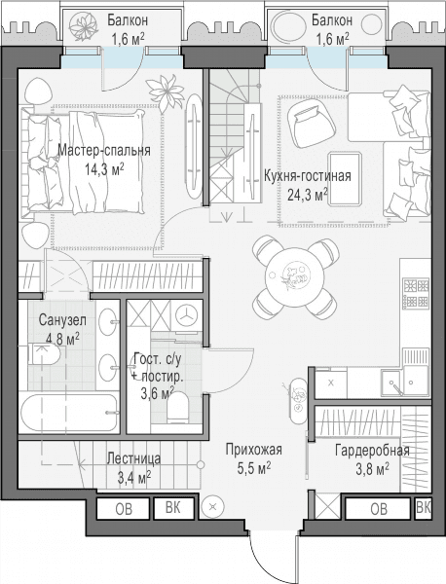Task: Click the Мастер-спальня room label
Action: point(104,151)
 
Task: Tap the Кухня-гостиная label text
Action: point(308,175)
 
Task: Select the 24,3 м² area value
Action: point(308,194)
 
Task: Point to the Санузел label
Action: point(62,320)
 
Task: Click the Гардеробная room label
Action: point(372,451)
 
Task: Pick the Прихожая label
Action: point(254,450)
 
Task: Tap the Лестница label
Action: point(133,458)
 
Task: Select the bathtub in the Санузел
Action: point(69,413)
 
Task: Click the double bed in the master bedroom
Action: point(83,162)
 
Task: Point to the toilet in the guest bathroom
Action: point(178,408)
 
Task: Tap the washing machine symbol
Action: point(186,315)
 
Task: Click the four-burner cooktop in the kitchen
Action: point(416,294)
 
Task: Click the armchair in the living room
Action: point(312,124)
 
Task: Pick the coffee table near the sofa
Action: point(345,178)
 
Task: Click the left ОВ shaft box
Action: point(124,508)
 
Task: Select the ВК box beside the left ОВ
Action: point(173,508)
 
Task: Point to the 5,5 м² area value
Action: point(254,468)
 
